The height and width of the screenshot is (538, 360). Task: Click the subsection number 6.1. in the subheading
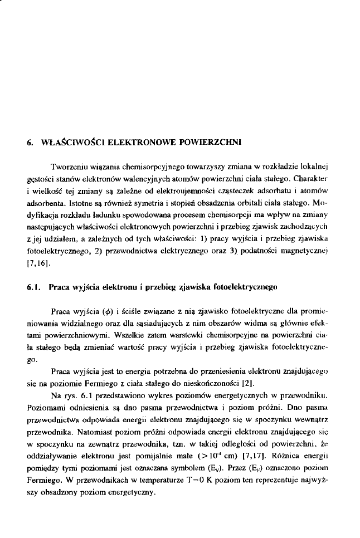[x=35, y=287]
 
